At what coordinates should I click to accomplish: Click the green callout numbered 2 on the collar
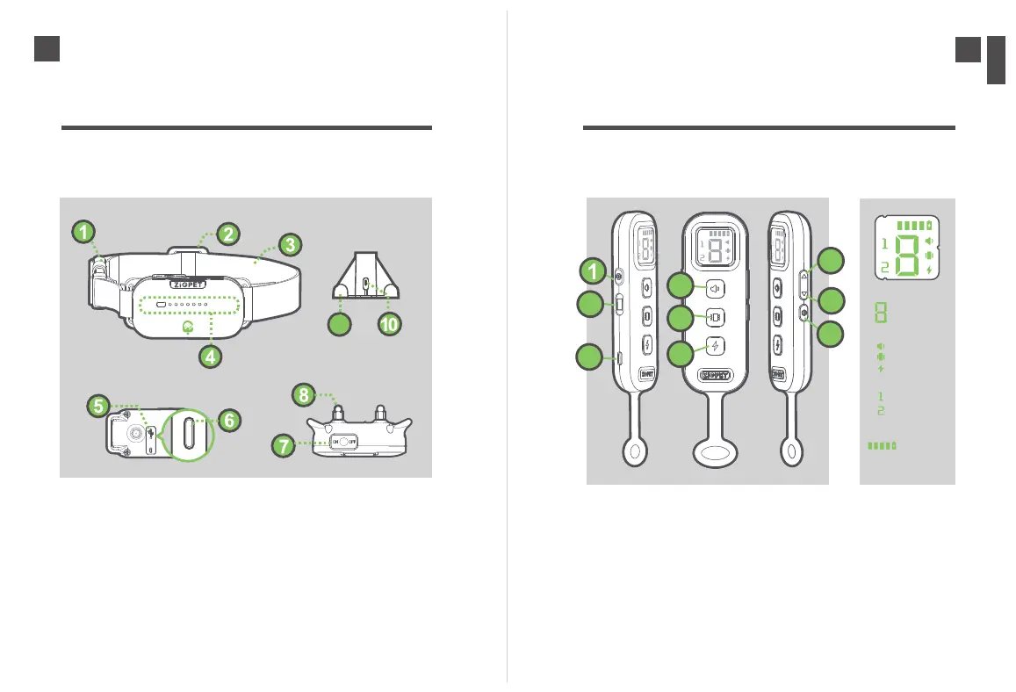pos(227,234)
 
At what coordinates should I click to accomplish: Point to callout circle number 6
pos(227,421)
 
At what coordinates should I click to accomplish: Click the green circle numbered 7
pos(283,446)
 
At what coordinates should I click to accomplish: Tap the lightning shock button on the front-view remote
pos(716,346)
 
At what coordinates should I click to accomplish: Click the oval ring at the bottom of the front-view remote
pos(716,455)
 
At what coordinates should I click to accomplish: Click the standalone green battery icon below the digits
pos(883,446)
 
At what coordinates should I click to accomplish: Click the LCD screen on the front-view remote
pos(715,250)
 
